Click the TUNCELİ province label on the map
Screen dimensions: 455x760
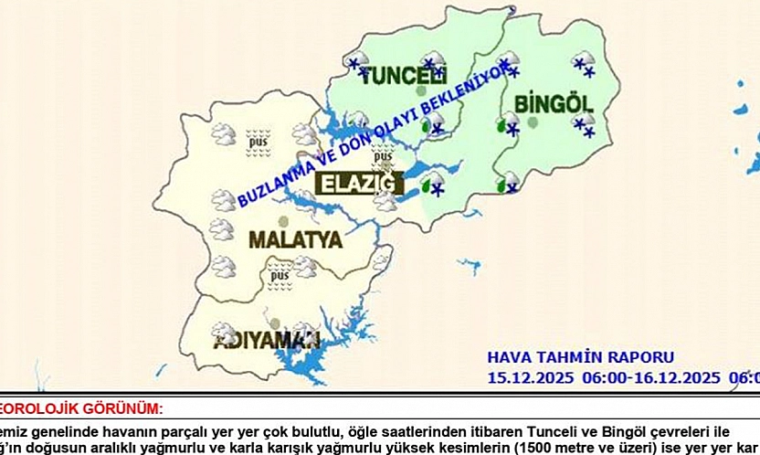coord(403,76)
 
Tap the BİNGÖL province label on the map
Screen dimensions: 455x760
coord(554,101)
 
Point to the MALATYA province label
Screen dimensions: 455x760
coord(295,240)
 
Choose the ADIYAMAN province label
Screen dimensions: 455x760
coord(266,341)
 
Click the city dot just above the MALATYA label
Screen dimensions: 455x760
coord(282,222)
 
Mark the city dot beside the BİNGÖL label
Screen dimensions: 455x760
coord(533,122)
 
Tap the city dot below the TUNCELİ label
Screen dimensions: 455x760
coord(420,91)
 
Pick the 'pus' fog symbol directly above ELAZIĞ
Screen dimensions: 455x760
coord(383,154)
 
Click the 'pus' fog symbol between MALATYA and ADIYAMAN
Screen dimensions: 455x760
coord(279,274)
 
